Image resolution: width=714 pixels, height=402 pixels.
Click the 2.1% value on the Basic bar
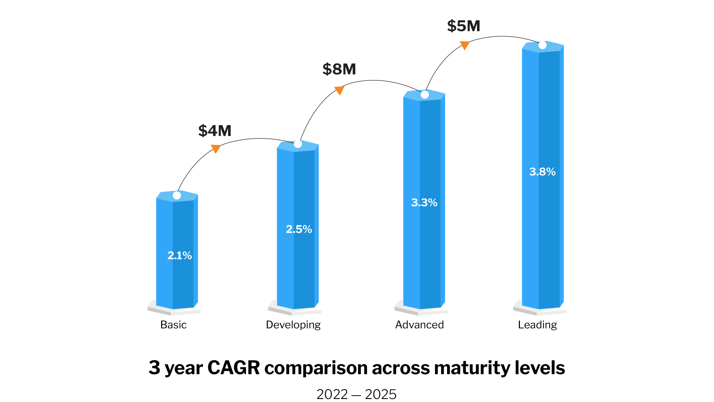pyautogui.click(x=179, y=255)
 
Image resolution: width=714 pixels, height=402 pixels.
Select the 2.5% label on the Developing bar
pyautogui.click(x=299, y=229)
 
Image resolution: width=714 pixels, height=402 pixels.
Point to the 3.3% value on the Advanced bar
pyautogui.click(x=424, y=203)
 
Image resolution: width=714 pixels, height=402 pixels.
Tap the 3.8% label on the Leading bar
pyautogui.click(x=542, y=172)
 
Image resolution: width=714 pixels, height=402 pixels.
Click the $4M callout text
pyautogui.click(x=215, y=131)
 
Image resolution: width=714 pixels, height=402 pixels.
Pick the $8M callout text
pyautogui.click(x=339, y=69)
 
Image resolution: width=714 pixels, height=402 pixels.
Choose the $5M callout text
pyautogui.click(x=464, y=26)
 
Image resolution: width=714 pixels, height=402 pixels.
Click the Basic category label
pyautogui.click(x=173, y=325)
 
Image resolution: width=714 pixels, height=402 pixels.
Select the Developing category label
pyautogui.click(x=293, y=325)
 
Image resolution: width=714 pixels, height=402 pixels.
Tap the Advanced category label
pyautogui.click(x=419, y=325)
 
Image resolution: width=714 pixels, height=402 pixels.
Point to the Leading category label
pyautogui.click(x=537, y=325)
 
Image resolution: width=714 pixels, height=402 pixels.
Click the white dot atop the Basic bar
pyautogui.click(x=177, y=195)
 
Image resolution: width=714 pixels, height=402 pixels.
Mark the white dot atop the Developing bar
pyautogui.click(x=298, y=144)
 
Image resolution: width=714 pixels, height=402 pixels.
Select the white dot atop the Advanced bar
pyautogui.click(x=425, y=95)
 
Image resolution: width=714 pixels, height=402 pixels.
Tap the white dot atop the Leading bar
pyautogui.click(x=542, y=45)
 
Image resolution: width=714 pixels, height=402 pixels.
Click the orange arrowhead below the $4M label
pyautogui.click(x=215, y=149)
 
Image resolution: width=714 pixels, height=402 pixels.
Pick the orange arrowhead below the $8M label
pyautogui.click(x=339, y=90)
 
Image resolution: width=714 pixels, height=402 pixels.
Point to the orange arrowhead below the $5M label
pyautogui.click(x=465, y=45)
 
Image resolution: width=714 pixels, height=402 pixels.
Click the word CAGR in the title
pyautogui.click(x=233, y=367)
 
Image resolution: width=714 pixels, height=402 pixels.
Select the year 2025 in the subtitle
pyautogui.click(x=380, y=394)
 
